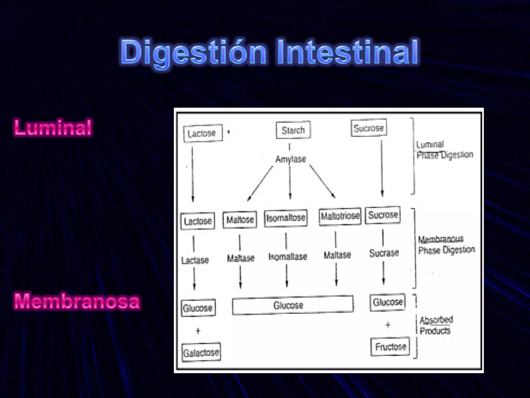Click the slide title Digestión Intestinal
tap(269, 52)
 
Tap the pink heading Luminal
tap(53, 127)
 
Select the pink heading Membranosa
tap(77, 301)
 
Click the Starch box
tap(293, 130)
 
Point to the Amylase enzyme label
tap(291, 159)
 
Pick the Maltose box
tap(240, 220)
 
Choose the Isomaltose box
tap(286, 218)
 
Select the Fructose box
tap(390, 347)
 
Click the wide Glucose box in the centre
tap(293, 305)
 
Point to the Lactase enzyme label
tap(195, 260)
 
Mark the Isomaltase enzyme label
tap(288, 257)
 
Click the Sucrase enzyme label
tap(384, 253)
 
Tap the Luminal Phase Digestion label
tap(444, 150)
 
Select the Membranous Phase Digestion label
tap(446, 245)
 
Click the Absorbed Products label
tap(436, 325)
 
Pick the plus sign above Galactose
tap(198, 331)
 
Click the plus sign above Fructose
tap(388, 325)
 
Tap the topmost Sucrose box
tap(369, 128)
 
